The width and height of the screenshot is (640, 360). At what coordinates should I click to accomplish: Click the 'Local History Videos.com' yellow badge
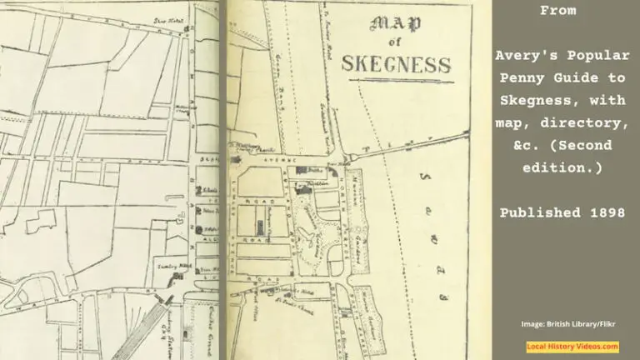click(572, 346)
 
